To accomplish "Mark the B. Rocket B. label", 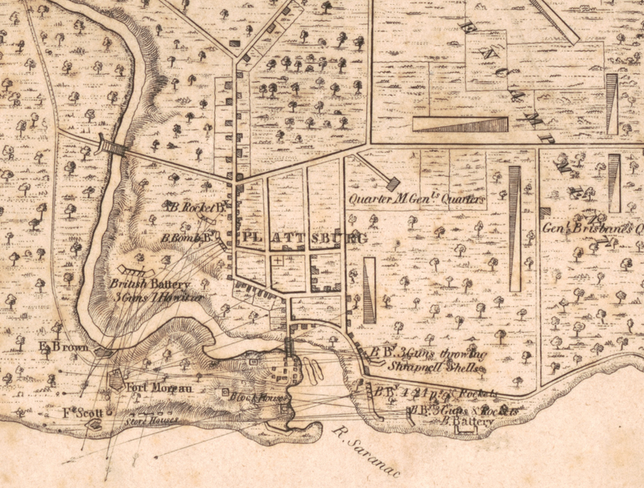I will pos(196,207).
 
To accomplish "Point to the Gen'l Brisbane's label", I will pos(592,228).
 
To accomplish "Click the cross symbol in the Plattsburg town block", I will pos(278,261).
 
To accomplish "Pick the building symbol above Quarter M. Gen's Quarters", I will pos(393,184).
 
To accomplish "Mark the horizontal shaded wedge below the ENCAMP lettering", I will pos(460,125).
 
